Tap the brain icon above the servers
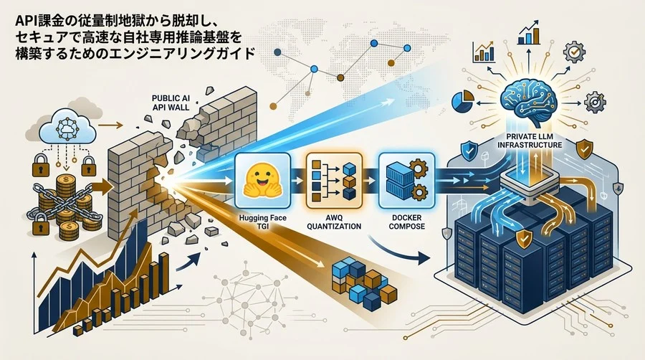[528, 102]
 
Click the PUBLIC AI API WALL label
[171, 103]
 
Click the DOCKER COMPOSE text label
[406, 222]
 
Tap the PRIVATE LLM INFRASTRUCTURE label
[529, 141]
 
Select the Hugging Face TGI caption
[262, 222]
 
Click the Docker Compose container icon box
[406, 180]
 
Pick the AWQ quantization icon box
[334, 180]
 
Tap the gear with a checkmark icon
[574, 52]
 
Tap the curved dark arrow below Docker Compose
[397, 252]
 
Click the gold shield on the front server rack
[523, 240]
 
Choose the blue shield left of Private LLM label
[468, 151]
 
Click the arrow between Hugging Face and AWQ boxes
[295, 180]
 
